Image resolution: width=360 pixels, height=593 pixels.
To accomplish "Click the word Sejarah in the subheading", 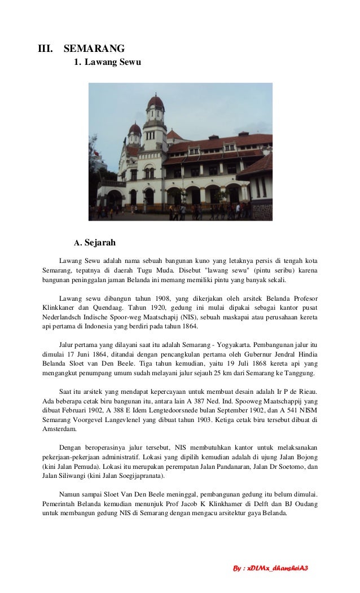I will pos(100,243).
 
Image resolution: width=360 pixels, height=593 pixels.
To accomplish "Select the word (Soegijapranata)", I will pos(138,476).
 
